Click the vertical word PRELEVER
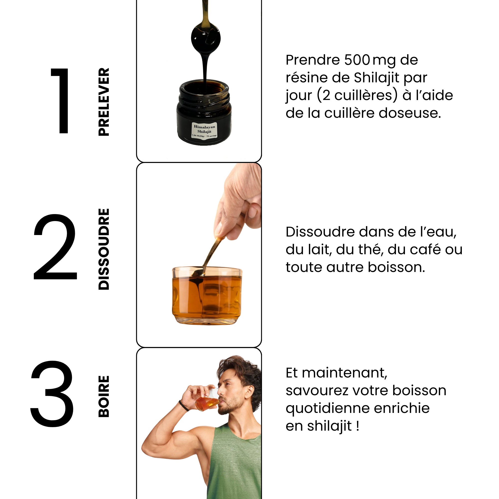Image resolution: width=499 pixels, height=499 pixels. [104, 102]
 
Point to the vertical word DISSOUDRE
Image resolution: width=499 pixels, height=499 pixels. [104, 249]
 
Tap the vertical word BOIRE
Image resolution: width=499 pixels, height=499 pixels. [104, 396]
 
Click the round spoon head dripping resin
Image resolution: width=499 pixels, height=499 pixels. [206, 38]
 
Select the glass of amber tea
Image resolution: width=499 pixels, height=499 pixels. [207, 295]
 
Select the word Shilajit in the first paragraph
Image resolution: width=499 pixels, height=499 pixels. [376, 78]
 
